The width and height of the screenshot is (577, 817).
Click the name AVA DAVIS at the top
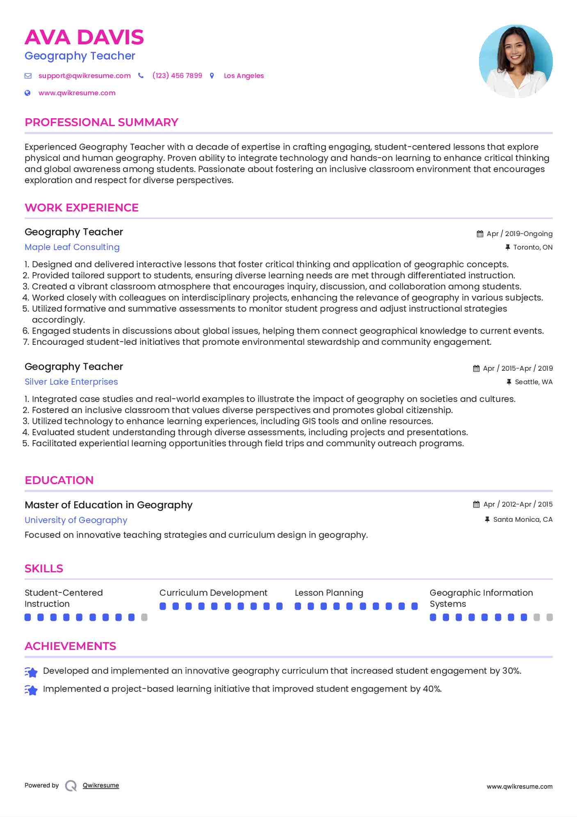pos(84,37)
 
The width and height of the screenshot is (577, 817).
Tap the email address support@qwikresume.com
pos(84,76)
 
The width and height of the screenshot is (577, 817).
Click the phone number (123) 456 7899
pos(177,76)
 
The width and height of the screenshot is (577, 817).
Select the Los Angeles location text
pos(244,76)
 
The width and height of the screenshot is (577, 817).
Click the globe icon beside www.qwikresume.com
pos(27,93)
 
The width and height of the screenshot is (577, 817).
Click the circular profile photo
pos(515,62)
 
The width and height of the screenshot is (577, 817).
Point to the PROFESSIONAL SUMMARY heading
pos(101,122)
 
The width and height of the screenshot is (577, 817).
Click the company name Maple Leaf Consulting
pos(72,247)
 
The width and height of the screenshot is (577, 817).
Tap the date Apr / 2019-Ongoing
pos(519,234)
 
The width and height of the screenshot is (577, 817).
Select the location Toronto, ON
pos(533,247)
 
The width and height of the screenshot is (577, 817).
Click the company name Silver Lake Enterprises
pos(71,382)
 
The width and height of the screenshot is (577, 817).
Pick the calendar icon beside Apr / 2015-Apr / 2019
pos(476,368)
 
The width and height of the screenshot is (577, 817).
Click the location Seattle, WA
pos(534,382)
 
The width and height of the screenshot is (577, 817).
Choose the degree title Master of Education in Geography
pos(109,505)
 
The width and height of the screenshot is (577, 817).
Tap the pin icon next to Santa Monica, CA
pos(487,519)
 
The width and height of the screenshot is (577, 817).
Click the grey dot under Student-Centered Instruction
pos(144,617)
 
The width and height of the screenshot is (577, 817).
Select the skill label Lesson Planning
pos(329,593)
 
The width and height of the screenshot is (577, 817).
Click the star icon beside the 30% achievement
pos(31,672)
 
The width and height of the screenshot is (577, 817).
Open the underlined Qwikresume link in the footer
pos(101,785)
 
